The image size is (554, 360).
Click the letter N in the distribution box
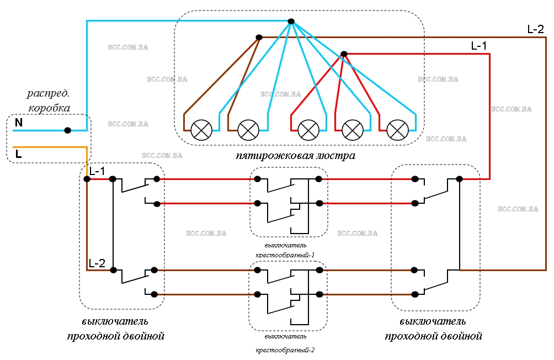point(19,123)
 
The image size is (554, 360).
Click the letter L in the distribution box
point(18,154)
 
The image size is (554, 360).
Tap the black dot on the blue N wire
point(67,130)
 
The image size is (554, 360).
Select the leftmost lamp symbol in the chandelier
point(201,130)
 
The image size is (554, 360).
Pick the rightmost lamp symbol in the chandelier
point(398,130)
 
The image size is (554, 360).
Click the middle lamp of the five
point(308,130)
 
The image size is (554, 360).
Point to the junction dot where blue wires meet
point(291,21)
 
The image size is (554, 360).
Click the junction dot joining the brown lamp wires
point(259,37)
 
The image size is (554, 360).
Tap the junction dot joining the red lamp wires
point(344,54)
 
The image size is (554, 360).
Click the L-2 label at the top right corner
point(536,29)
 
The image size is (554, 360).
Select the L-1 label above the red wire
point(479,46)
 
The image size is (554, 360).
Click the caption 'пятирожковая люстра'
point(296,156)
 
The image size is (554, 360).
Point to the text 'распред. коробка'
point(49,100)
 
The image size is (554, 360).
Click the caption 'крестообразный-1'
point(285,255)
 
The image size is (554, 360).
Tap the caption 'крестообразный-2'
point(285,350)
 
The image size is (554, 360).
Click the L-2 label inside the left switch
point(97,263)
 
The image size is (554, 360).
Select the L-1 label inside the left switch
point(97,171)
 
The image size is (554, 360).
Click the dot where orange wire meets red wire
point(87,179)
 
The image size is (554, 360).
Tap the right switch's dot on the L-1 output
point(459,179)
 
